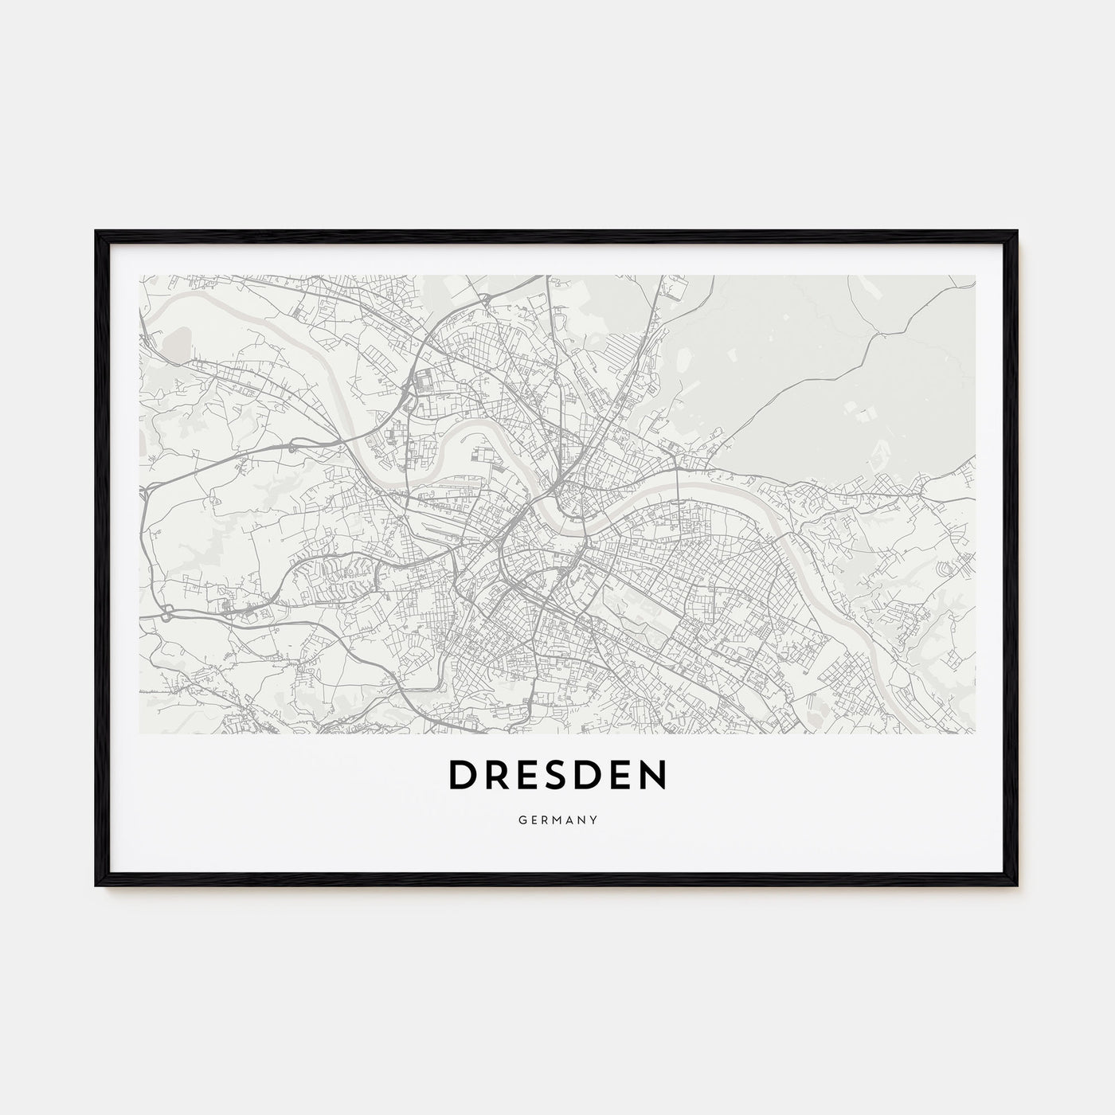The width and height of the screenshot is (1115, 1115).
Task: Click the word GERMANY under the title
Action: [x=557, y=819]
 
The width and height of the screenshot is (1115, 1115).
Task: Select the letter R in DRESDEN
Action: [x=498, y=775]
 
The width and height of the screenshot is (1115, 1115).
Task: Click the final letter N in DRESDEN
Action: [x=652, y=775]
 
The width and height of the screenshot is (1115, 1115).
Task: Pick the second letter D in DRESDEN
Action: [x=593, y=775]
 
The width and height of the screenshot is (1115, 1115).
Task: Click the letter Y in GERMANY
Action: [x=595, y=819]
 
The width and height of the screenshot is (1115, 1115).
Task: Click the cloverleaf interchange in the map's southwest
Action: [x=168, y=614]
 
